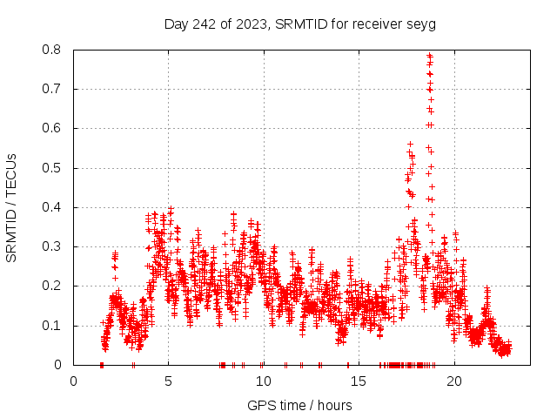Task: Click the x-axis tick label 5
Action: pos(168,381)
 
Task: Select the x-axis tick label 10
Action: pos(263,381)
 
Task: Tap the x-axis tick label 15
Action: pos(359,381)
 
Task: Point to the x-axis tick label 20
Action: pos(453,381)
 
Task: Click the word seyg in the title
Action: pos(421,24)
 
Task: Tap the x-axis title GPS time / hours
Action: pos(300,405)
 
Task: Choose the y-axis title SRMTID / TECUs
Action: pos(12,207)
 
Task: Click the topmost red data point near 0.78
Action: pos(429,56)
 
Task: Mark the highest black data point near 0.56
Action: pos(410,144)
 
